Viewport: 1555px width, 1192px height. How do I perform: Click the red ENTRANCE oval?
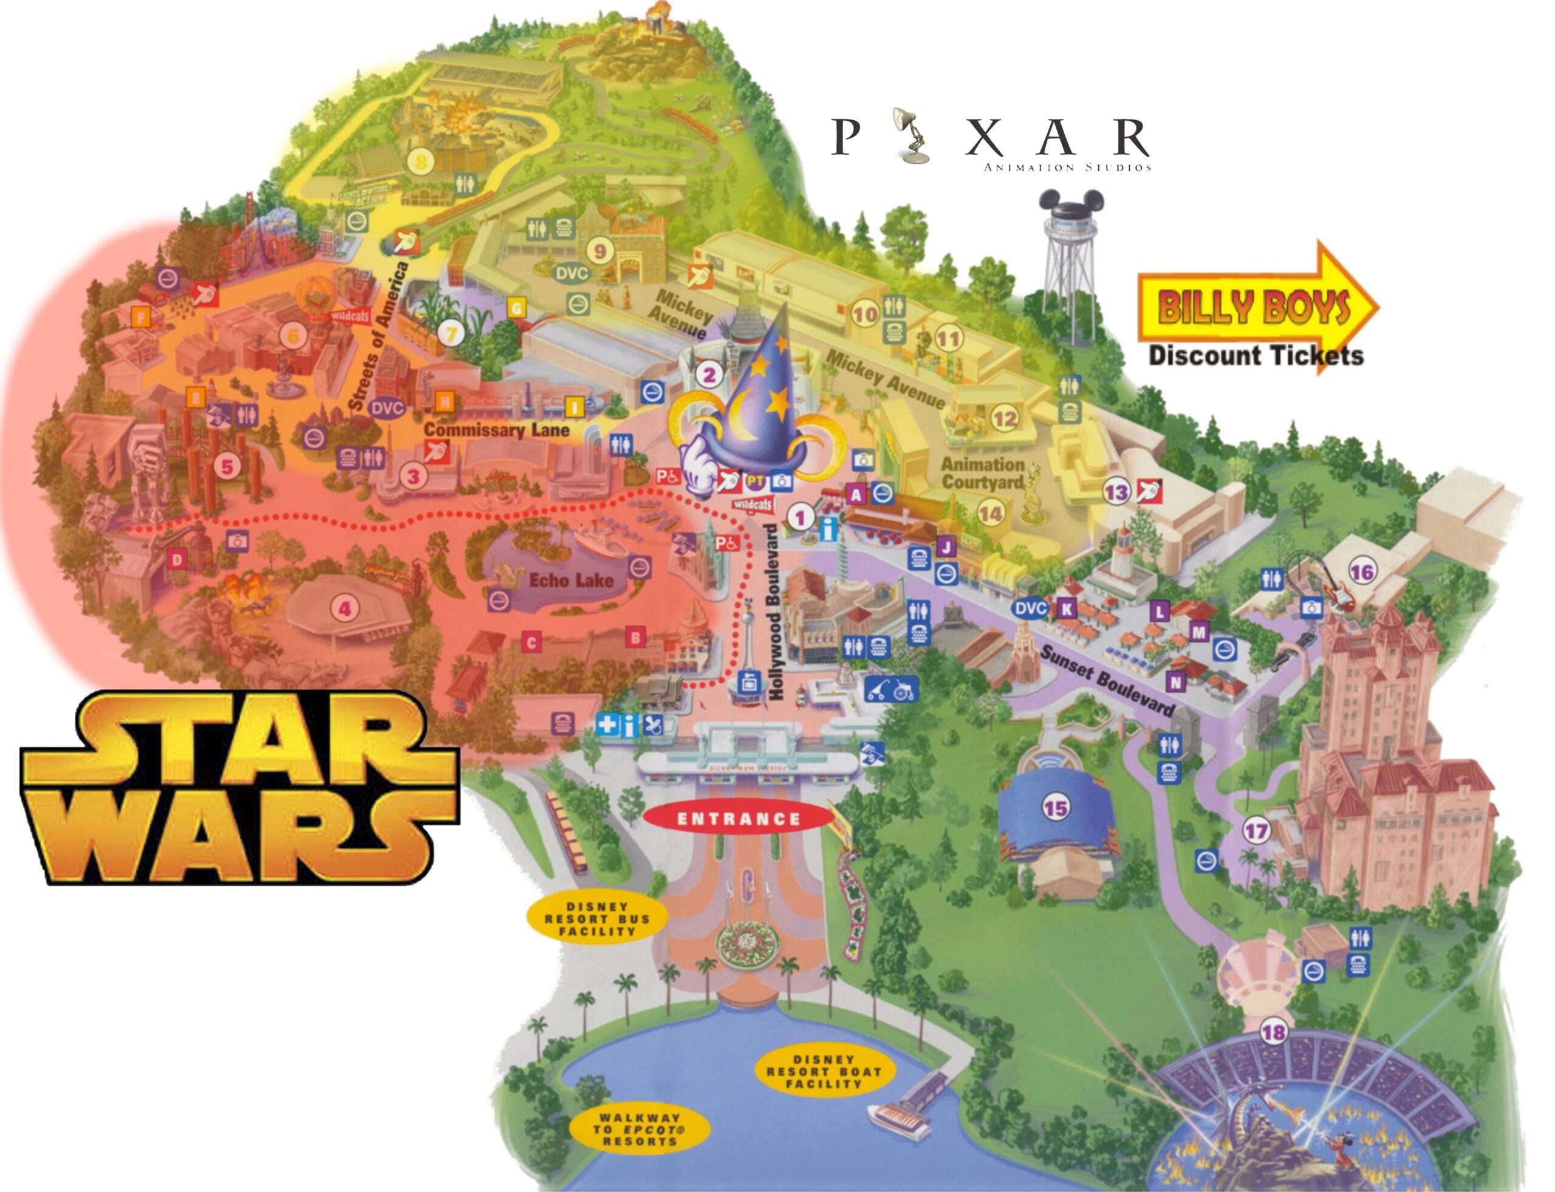tap(738, 819)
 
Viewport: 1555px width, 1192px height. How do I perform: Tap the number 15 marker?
tap(1055, 808)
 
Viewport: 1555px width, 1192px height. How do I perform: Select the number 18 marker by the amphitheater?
tap(1273, 1032)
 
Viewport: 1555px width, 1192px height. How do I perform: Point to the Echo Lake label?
tap(570, 580)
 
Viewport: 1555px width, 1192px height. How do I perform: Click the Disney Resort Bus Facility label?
tap(597, 919)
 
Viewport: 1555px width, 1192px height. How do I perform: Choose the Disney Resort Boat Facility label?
tap(823, 1071)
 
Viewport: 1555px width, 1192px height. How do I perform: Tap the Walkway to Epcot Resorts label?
tap(639, 1129)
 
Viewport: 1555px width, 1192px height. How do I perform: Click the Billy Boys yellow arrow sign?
tap(1256, 307)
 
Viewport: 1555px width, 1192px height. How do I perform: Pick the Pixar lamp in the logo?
tap(909, 135)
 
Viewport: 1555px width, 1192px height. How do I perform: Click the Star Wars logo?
tap(238, 788)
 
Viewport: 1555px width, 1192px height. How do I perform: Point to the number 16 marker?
tap(1361, 571)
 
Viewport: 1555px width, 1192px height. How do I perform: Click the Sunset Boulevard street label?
tap(1107, 679)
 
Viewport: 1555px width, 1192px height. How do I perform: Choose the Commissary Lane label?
tap(496, 429)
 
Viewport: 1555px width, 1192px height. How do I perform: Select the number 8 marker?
tap(422, 162)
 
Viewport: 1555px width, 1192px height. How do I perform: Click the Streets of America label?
tap(379, 335)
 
